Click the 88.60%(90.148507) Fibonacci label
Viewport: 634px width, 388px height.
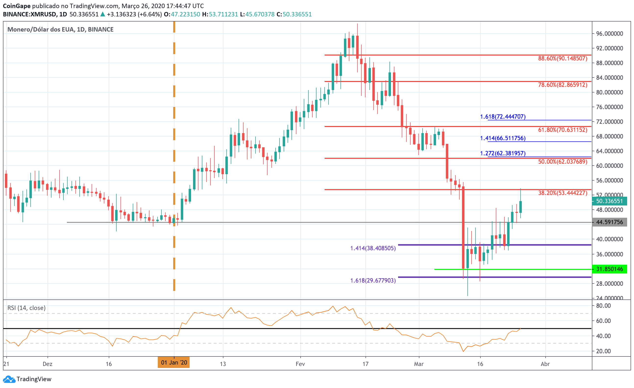click(562, 58)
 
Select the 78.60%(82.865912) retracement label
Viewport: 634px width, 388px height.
click(562, 85)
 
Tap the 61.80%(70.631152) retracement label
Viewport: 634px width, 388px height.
click(562, 130)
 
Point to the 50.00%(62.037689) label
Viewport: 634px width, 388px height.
click(562, 162)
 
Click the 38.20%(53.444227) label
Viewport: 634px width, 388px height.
click(562, 193)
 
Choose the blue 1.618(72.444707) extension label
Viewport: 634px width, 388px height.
click(502, 117)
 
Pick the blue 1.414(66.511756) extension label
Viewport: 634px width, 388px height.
click(502, 138)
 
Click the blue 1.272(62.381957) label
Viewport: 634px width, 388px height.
click(502, 153)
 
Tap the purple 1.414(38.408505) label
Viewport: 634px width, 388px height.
click(373, 248)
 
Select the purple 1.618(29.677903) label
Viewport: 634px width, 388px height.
click(373, 280)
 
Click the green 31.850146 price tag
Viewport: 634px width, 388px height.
click(609, 269)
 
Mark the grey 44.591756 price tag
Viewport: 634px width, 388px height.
click(609, 222)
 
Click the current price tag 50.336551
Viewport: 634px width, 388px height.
click(609, 201)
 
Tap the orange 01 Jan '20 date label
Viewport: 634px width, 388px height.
click(174, 363)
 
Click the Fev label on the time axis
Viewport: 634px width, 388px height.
click(300, 364)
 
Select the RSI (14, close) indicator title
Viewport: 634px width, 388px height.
click(26, 308)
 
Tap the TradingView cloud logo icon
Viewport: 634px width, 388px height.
click(9, 379)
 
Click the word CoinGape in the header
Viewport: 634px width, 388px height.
click(16, 6)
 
